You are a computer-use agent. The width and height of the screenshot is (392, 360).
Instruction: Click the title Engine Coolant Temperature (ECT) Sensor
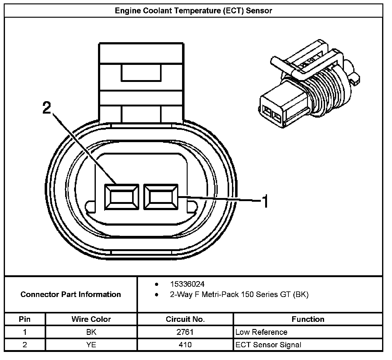[x=193, y=11]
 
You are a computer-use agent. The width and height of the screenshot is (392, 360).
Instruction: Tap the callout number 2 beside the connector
[x=47, y=107]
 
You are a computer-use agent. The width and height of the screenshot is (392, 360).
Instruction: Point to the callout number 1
[x=265, y=201]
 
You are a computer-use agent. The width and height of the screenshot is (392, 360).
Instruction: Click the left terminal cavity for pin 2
[x=122, y=197]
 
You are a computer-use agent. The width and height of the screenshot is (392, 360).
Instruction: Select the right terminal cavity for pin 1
[x=161, y=197]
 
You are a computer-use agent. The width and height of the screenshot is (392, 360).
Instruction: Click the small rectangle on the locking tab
[x=141, y=73]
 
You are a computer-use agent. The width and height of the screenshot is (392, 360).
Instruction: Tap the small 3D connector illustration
[x=309, y=83]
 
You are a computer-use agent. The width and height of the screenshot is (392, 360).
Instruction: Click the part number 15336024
[x=187, y=284]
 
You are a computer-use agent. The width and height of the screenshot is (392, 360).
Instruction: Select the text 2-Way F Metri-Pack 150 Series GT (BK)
[x=239, y=295]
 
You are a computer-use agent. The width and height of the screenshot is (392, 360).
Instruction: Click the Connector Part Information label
[x=71, y=294]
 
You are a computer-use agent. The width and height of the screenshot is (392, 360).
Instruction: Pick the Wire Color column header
[x=91, y=319]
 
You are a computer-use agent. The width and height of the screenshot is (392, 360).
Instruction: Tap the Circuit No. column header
[x=185, y=319]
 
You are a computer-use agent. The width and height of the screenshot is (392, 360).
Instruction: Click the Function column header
[x=308, y=319]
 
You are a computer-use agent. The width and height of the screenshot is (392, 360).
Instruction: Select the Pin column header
[x=24, y=319]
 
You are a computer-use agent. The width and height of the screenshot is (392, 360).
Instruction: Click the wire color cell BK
[x=91, y=332]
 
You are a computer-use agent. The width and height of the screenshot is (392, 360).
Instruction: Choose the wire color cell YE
[x=91, y=344]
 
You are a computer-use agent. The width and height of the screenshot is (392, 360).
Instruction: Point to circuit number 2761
[x=185, y=332]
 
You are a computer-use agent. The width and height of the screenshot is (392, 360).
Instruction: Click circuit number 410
[x=185, y=344]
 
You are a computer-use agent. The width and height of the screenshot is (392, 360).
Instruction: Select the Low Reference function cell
[x=261, y=332]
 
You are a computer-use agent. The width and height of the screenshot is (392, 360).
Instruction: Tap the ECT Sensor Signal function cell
[x=268, y=345]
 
